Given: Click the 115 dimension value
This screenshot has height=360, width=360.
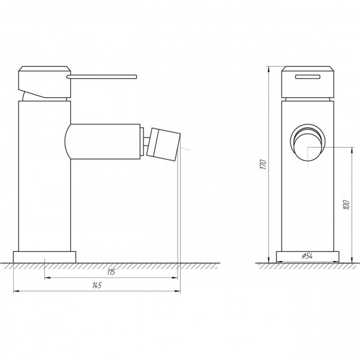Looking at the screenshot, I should (110, 273).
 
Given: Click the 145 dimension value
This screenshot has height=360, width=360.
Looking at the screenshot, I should (96, 285).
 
